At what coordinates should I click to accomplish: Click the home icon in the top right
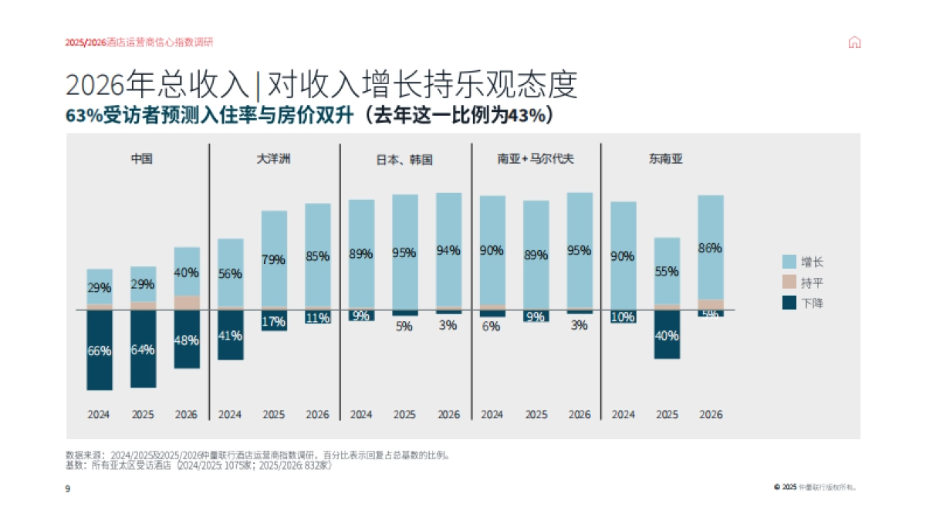tap(854, 42)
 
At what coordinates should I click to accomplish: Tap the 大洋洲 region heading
tap(273, 159)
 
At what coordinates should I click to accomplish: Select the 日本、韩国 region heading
tap(404, 160)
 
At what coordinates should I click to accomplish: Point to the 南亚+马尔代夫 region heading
tap(536, 159)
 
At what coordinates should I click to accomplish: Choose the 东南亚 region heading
tap(666, 159)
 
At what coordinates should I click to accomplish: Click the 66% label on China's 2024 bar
tap(99, 350)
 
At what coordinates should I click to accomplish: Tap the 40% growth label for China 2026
tap(186, 272)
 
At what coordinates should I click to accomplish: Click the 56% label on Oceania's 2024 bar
tap(230, 273)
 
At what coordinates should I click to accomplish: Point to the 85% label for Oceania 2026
tap(317, 255)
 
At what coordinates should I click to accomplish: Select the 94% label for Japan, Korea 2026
tap(448, 250)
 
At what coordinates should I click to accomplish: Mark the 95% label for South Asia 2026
tap(580, 250)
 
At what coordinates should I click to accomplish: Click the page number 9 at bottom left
tap(68, 488)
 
